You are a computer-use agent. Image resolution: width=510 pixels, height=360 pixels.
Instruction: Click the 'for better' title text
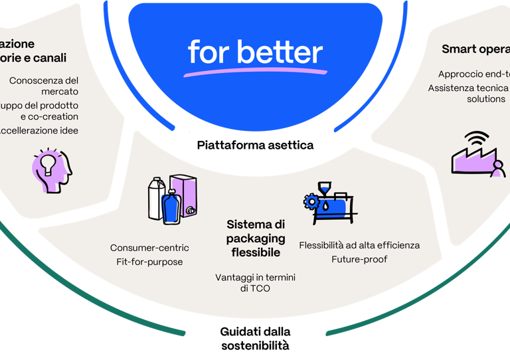[x=255, y=52]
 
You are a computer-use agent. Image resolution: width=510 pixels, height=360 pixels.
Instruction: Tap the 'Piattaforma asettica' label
[x=255, y=145]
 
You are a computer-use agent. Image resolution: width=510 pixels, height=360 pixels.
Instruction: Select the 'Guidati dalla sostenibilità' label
[x=255, y=338]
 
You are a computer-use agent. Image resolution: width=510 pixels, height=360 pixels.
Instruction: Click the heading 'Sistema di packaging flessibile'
[x=256, y=238]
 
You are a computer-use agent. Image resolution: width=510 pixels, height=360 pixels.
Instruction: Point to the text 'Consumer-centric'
[x=149, y=248]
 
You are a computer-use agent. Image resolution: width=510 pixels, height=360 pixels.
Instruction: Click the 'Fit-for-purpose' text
[x=149, y=262]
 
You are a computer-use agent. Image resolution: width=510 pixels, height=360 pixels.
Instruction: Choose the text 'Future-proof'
[x=359, y=259]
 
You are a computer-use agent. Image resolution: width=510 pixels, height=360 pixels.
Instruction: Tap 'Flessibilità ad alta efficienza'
[x=359, y=245]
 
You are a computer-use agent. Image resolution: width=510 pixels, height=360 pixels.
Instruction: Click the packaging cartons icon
[x=171, y=199]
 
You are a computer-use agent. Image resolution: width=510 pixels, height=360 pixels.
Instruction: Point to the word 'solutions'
[x=486, y=98]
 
